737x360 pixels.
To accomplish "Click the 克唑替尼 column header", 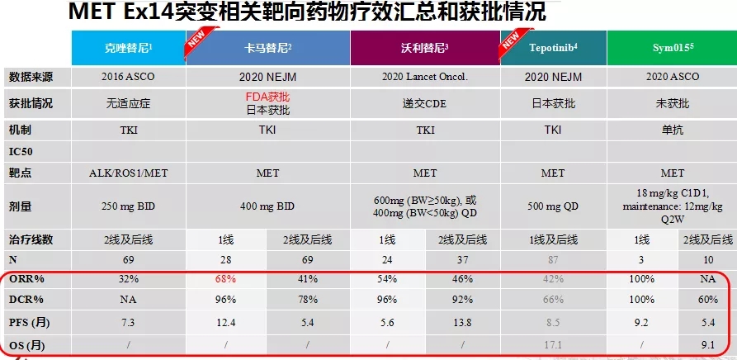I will click(x=128, y=48).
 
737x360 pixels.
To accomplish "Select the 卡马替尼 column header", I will click(x=269, y=48).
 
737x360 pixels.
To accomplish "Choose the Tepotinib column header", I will click(x=553, y=48).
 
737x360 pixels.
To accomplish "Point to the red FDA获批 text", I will click(x=268, y=97).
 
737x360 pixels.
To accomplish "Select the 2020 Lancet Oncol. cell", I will click(x=425, y=77).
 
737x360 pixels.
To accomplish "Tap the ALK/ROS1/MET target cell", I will click(x=128, y=173).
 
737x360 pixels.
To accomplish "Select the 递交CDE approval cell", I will click(x=425, y=103).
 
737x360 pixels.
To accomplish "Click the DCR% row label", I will click(x=26, y=299).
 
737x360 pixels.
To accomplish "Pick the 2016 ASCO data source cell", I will click(x=128, y=77).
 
